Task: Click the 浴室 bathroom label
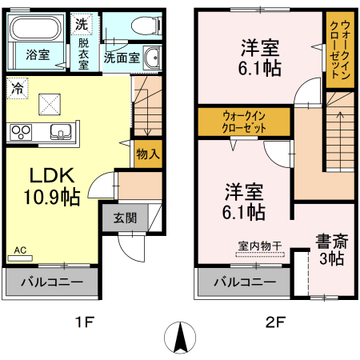pyautogui.click(x=38, y=56)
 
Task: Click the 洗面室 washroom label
pyautogui.click(x=122, y=58)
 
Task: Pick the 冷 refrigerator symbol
pyautogui.click(x=18, y=89)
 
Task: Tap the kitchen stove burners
pyautogui.click(x=19, y=132)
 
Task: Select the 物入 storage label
pyautogui.click(x=147, y=153)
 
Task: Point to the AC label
pyautogui.click(x=19, y=250)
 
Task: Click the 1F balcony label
pyautogui.click(x=51, y=282)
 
